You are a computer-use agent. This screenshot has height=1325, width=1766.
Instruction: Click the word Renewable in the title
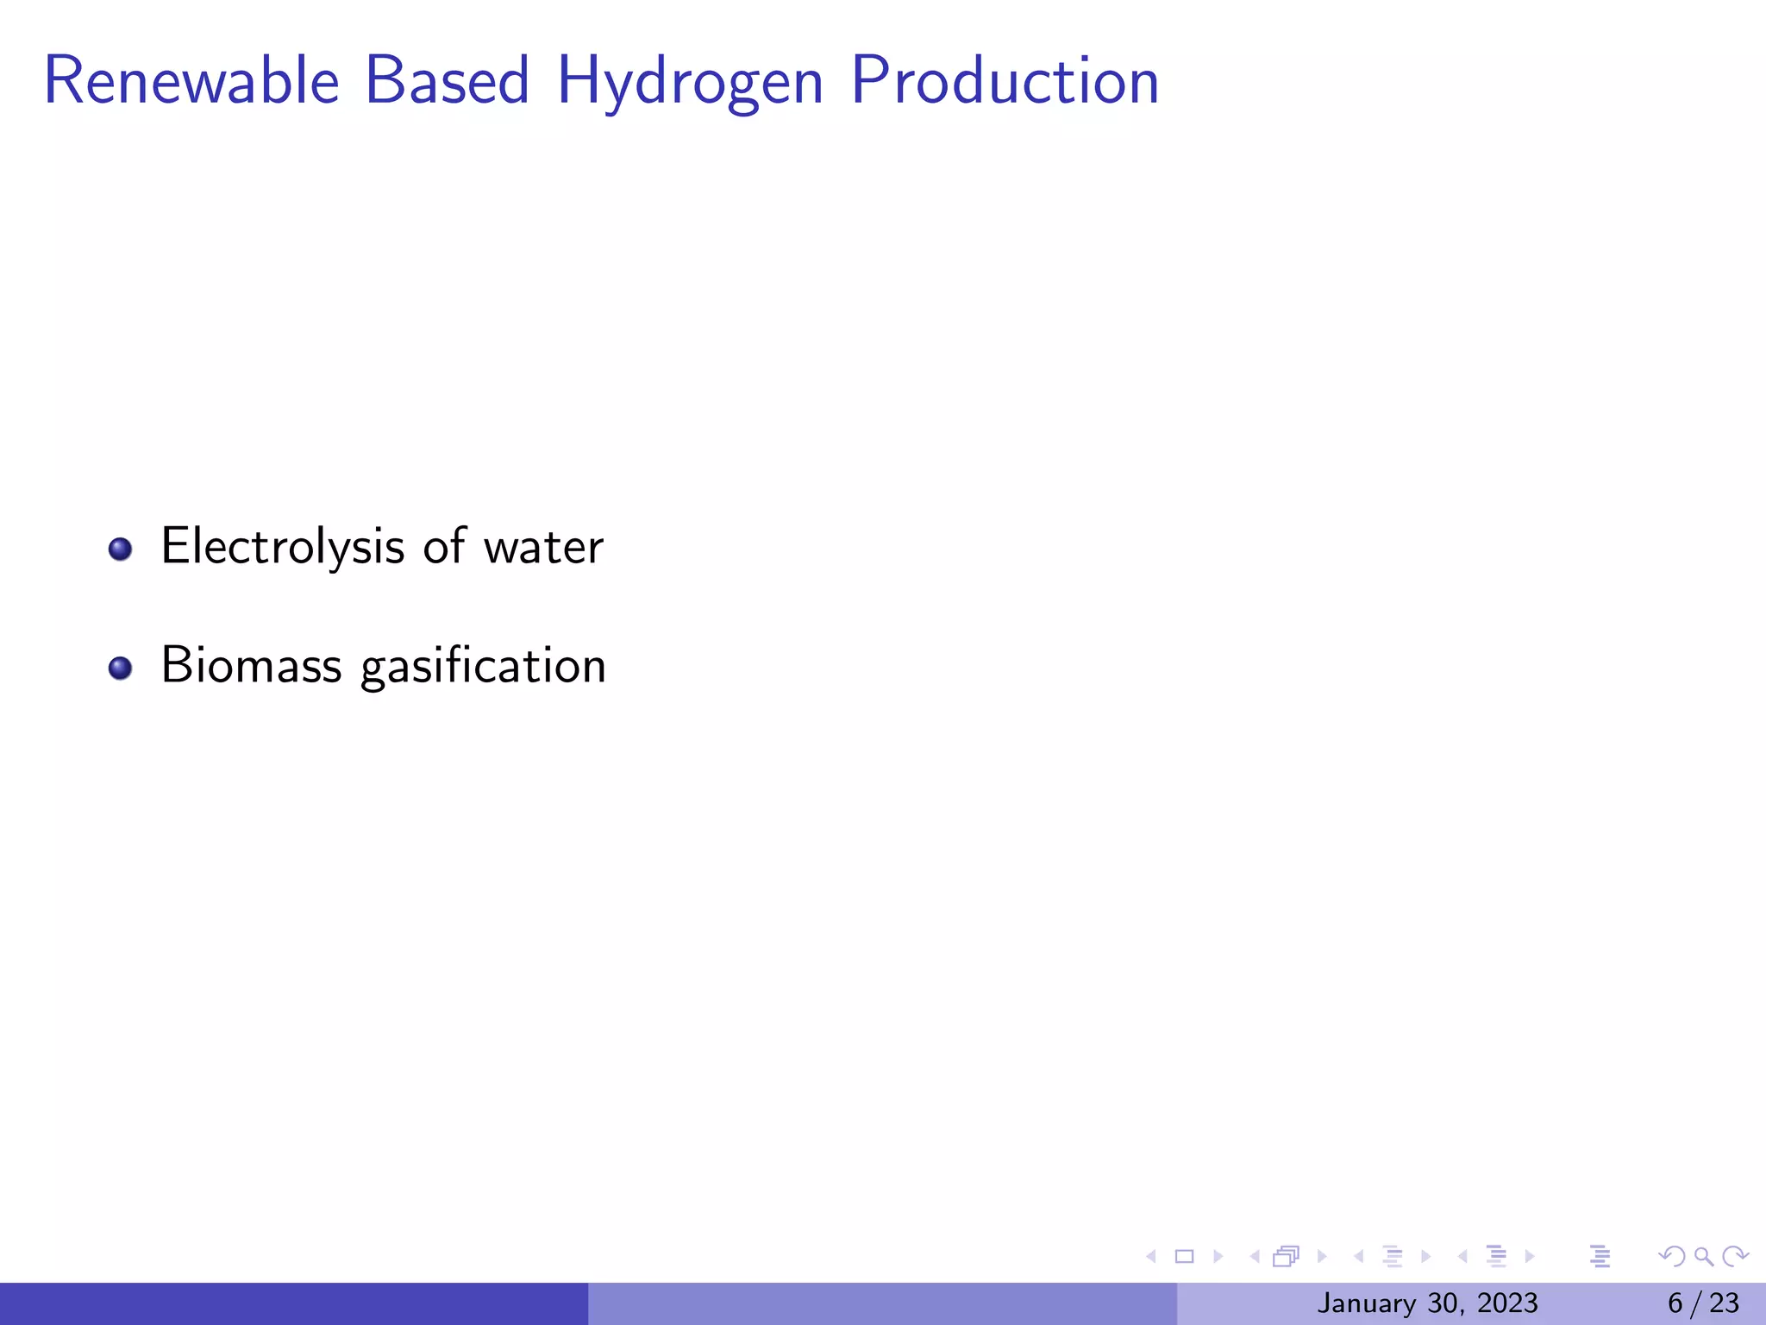191,81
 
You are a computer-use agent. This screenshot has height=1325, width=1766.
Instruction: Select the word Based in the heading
447,81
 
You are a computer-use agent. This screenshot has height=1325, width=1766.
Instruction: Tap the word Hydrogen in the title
690,83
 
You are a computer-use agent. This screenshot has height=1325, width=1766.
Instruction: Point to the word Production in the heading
1005,81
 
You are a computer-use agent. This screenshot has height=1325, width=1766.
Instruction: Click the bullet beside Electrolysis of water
120,549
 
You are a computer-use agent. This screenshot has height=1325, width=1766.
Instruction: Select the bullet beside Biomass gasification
120,668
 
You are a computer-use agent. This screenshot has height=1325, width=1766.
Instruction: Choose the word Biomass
251,666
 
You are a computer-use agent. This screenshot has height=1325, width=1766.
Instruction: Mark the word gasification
483,668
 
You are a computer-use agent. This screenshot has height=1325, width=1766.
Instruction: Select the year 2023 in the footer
1507,1303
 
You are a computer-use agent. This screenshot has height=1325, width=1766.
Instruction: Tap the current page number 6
1675,1303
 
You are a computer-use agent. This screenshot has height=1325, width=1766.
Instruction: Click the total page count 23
1725,1303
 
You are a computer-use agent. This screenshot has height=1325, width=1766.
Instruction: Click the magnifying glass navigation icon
1703,1257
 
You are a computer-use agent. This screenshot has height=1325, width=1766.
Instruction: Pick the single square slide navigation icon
1184,1257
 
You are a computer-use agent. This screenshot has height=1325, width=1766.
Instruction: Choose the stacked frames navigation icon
1286,1257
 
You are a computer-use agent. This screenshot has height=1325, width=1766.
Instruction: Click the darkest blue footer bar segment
293,1303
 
